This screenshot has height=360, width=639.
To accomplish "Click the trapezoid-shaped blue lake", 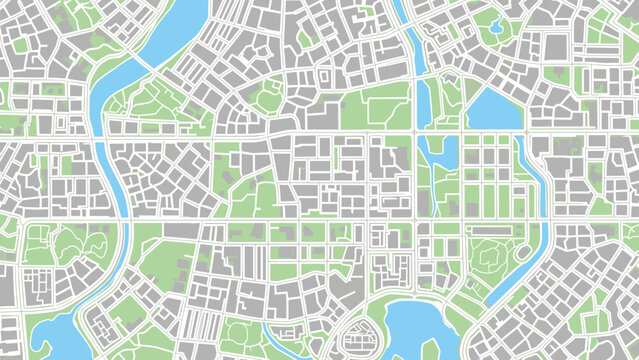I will (x=493, y=110).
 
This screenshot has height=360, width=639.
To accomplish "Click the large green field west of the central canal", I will (x=375, y=106).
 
